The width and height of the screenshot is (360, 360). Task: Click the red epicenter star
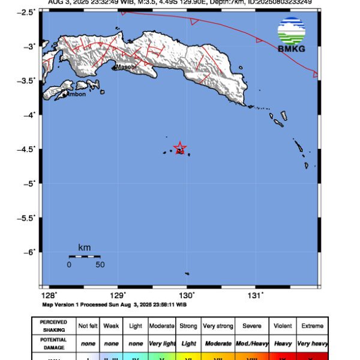pos(179,148)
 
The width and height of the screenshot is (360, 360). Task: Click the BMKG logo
pos(291,34)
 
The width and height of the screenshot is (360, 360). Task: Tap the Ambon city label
pos(76,94)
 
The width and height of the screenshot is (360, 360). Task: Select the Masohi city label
pos(126,67)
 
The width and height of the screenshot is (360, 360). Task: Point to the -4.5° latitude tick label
pos(29,149)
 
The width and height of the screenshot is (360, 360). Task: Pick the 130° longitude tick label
pos(187,295)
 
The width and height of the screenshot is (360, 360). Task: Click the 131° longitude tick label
pos(256,295)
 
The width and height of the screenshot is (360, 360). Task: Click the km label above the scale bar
pos(84,247)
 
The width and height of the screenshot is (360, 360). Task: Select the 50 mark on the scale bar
pos(100,265)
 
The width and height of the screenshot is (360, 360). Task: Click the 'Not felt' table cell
pos(88,326)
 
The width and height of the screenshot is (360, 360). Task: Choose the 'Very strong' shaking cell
pos(217,326)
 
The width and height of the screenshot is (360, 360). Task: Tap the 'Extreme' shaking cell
pos(312,326)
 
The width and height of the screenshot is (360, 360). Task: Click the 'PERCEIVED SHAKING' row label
pos(53,326)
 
